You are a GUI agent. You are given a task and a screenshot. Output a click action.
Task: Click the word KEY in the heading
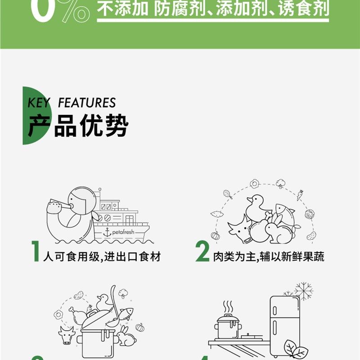pos(39,103)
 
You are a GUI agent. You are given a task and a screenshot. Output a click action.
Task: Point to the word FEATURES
pos(87,103)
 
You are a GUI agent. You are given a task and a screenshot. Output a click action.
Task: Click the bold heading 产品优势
pos(78,125)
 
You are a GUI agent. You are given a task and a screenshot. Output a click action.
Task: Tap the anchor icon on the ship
pos(107,232)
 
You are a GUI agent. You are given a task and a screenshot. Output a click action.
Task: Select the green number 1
pos(36,252)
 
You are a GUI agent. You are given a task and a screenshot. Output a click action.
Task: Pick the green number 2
pos(202,252)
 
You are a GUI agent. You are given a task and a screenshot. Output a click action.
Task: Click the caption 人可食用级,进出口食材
pos(102,256)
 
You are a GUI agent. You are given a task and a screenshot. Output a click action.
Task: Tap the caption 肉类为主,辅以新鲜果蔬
pos(269,256)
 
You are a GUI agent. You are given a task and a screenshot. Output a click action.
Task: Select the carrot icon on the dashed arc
pos(299,195)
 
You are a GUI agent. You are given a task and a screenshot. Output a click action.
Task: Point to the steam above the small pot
pos(229,307)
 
